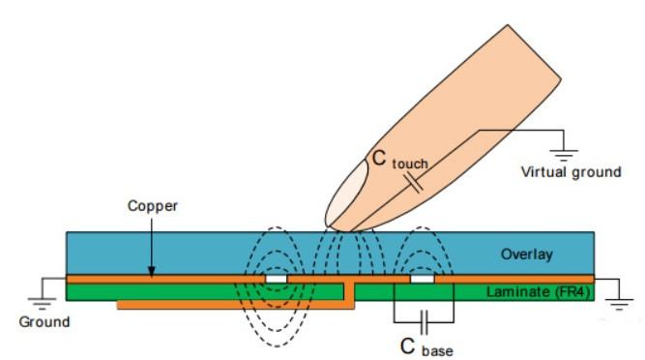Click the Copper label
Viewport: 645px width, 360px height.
pos(152,205)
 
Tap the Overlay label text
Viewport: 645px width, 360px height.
pos(526,255)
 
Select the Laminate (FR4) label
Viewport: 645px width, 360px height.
pos(539,292)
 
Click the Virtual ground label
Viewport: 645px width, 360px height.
pos(571,171)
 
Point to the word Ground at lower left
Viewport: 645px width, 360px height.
pos(44,321)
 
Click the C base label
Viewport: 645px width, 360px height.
pos(426,346)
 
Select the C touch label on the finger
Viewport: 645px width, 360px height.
pos(399,159)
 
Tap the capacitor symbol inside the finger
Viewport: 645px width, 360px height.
pos(413,183)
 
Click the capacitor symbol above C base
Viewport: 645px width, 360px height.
pos(425,322)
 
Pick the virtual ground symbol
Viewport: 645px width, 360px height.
pos(564,155)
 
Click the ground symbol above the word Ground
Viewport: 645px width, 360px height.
pos(42,303)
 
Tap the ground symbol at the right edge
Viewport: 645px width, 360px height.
pos(619,304)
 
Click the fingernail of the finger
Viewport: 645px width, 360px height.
pos(346,194)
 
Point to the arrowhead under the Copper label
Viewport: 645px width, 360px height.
pos(152,272)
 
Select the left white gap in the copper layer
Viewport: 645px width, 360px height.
pos(276,279)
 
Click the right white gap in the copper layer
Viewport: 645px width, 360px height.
pos(422,279)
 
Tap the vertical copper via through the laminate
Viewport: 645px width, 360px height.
pos(349,292)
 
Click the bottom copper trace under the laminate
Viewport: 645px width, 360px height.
pos(235,305)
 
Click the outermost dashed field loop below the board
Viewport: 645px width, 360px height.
pos(277,346)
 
